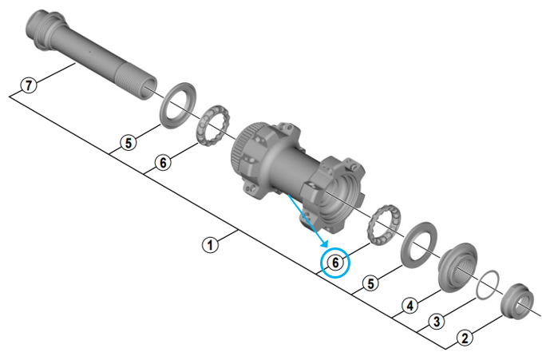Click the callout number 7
pos(29,85)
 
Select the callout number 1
pos(210,245)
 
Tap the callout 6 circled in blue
pos(335,263)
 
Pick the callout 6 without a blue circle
pos(163,163)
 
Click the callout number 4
pos(410,306)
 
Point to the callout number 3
pos(437,321)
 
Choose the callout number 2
pos(465,338)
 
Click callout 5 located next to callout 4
pos(371,283)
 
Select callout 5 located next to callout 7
pos(129,142)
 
